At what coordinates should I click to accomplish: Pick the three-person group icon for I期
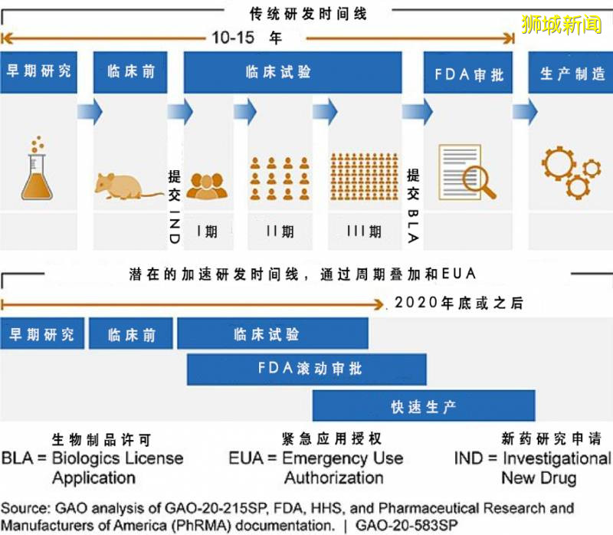[x=207, y=185]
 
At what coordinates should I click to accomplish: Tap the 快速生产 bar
[x=423, y=406]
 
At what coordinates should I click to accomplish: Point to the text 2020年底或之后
[x=458, y=304]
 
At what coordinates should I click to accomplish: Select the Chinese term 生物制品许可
[x=101, y=439]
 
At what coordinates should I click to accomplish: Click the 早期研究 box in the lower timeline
[x=41, y=334]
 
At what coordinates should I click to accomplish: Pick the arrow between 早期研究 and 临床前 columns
[x=90, y=113]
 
